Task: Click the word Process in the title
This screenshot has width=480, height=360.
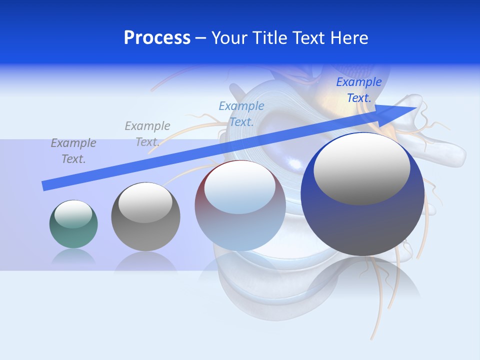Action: coord(157,38)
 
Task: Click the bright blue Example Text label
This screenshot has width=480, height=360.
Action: coord(358,90)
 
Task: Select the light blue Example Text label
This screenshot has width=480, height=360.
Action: coord(241,113)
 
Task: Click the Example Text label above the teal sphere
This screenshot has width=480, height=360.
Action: coord(73,150)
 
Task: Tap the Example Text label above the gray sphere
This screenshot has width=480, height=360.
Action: coord(147,133)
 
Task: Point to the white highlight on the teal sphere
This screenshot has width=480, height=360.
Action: coord(73,214)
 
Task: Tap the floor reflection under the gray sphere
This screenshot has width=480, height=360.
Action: coord(145,262)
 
